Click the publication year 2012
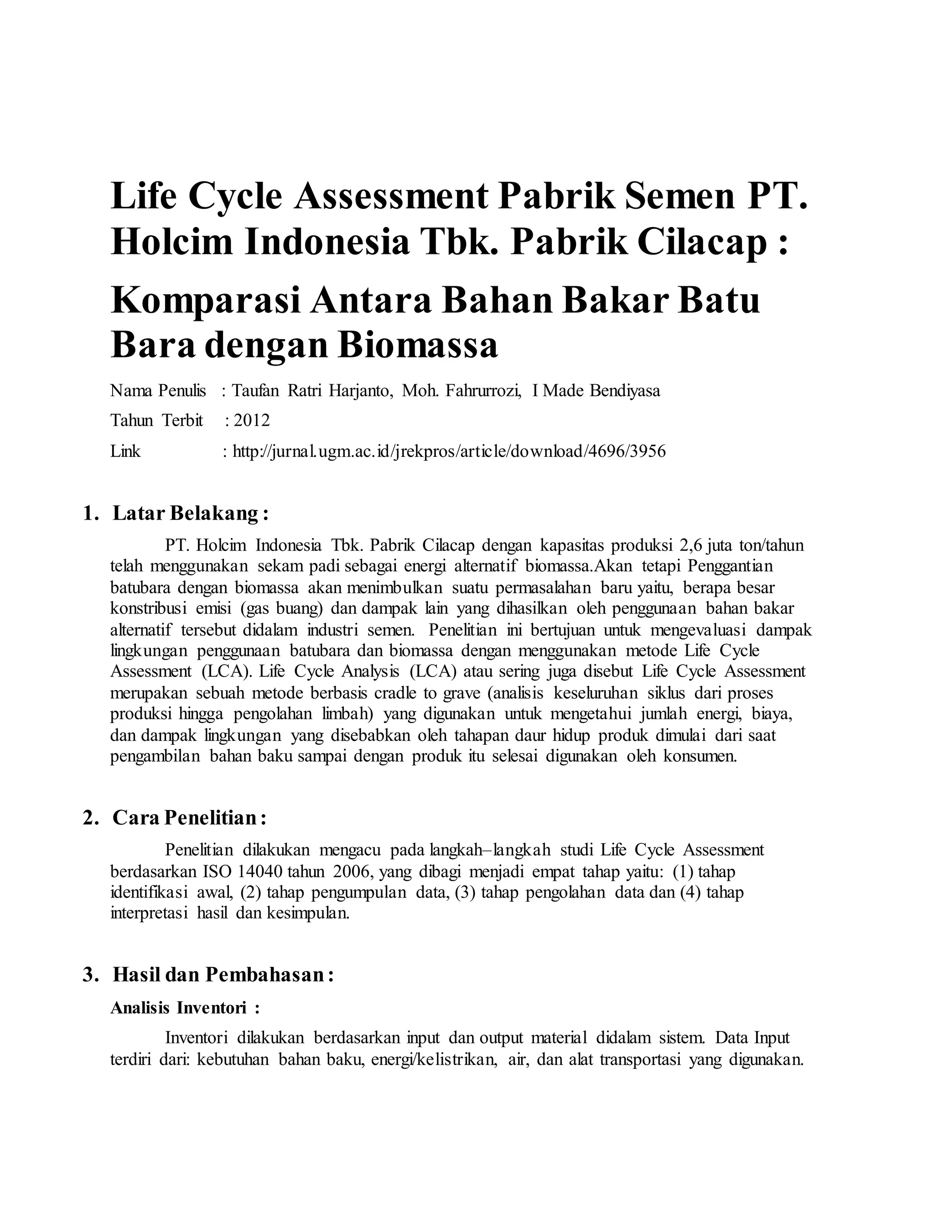252,421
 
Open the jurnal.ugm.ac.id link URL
449,451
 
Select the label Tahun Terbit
156,421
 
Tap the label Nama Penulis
158,391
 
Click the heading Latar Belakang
190,513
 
